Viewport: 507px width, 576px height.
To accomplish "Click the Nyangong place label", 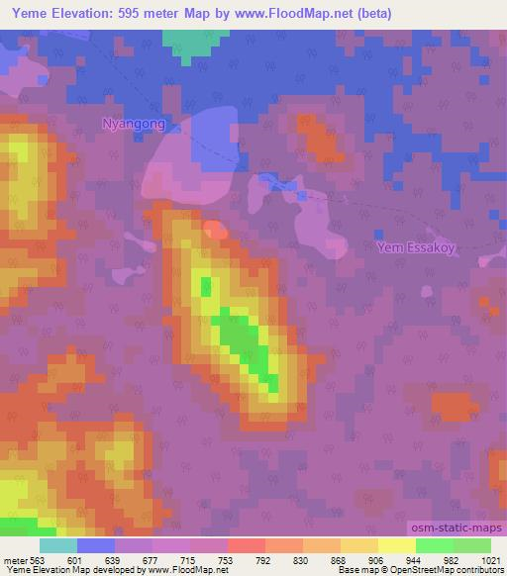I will [133, 124].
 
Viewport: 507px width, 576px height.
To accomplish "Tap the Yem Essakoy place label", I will [415, 248].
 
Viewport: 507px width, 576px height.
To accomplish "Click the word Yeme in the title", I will [29, 14].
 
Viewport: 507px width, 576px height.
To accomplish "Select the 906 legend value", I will [378, 559].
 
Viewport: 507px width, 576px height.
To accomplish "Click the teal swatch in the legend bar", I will [58, 544].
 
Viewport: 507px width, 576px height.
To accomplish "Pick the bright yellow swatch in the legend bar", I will [396, 544].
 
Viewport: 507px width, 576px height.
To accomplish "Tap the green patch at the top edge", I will [192, 40].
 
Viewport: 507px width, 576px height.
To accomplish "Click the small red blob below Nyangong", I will [213, 230].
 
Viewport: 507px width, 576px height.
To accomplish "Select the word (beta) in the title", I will [370, 14].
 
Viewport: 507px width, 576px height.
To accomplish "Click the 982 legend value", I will [453, 559].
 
